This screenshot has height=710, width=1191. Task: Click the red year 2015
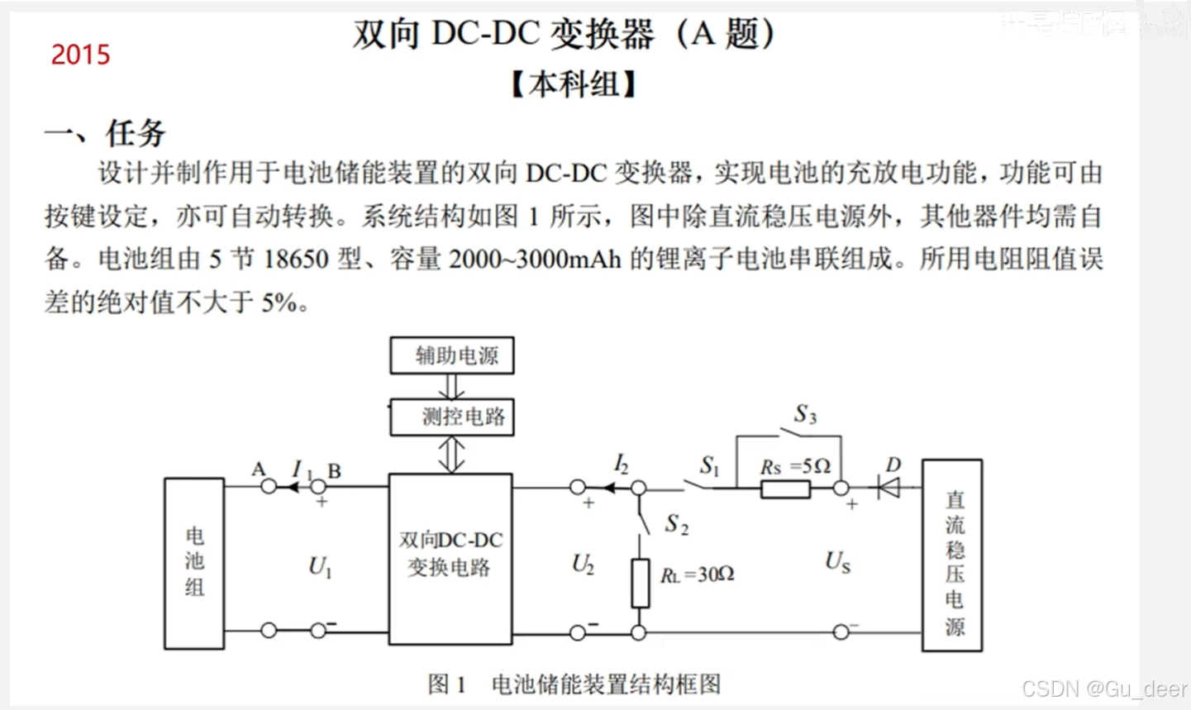pyautogui.click(x=80, y=55)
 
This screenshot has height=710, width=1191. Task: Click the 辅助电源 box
pyautogui.click(x=452, y=355)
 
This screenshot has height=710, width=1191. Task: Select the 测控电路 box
pyautogui.click(x=452, y=417)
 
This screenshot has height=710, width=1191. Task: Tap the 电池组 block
pyautogui.click(x=194, y=563)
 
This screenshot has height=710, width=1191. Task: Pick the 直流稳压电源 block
pyautogui.click(x=953, y=555)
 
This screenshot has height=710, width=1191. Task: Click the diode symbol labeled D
pyautogui.click(x=889, y=488)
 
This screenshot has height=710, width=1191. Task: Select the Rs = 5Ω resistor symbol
pyautogui.click(x=784, y=489)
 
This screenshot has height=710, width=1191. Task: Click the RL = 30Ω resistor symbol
pyautogui.click(x=640, y=583)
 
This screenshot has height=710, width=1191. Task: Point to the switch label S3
pyautogui.click(x=805, y=414)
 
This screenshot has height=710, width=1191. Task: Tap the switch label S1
pyautogui.click(x=709, y=465)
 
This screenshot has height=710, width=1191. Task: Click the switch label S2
pyautogui.click(x=677, y=524)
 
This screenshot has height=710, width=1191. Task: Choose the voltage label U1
pyautogui.click(x=320, y=567)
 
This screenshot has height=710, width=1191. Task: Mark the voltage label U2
pyautogui.click(x=583, y=565)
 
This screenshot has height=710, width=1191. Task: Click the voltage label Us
pyautogui.click(x=837, y=562)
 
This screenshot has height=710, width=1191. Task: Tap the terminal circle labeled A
pyautogui.click(x=269, y=487)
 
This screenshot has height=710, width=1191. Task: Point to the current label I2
pyautogui.click(x=622, y=465)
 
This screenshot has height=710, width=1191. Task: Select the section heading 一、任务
pyautogui.click(x=105, y=132)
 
